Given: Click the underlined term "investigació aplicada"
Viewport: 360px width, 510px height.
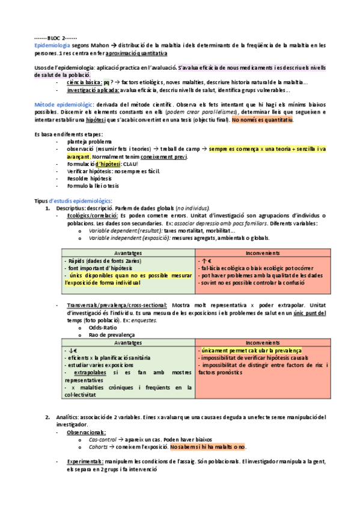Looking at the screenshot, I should click(93, 90).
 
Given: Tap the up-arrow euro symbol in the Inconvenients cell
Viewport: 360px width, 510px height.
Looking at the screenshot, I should click(204, 261).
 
